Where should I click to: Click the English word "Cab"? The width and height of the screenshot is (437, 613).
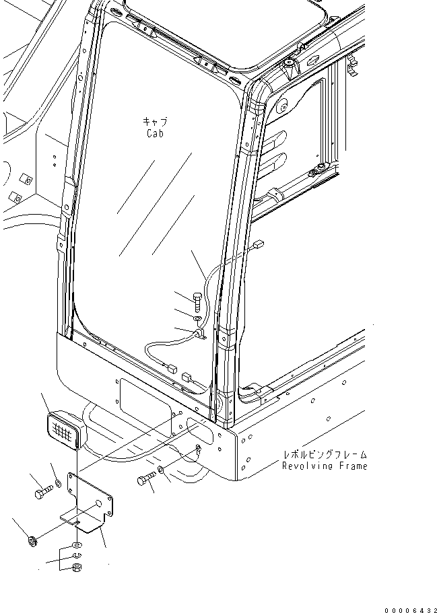(154, 133)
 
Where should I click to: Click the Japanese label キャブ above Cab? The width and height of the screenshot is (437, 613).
(154, 122)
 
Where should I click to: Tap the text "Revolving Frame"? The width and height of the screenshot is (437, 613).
(325, 466)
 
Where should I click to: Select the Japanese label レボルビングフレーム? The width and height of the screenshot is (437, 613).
(325, 455)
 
